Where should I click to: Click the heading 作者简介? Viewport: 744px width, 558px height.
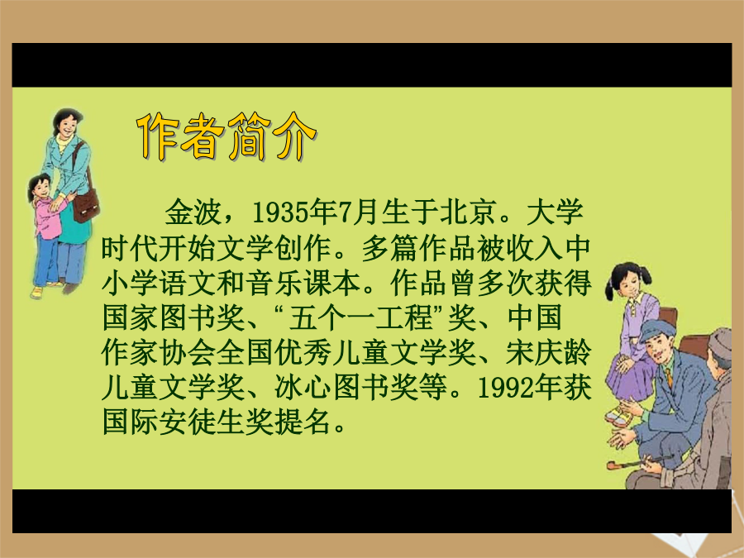[226, 136]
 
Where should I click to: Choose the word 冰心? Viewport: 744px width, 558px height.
[303, 388]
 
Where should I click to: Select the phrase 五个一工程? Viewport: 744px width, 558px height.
[360, 317]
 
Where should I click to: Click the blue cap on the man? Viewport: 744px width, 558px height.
[656, 329]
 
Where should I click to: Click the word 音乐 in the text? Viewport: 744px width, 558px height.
[274, 283]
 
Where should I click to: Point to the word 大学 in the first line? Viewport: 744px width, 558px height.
[554, 212]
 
